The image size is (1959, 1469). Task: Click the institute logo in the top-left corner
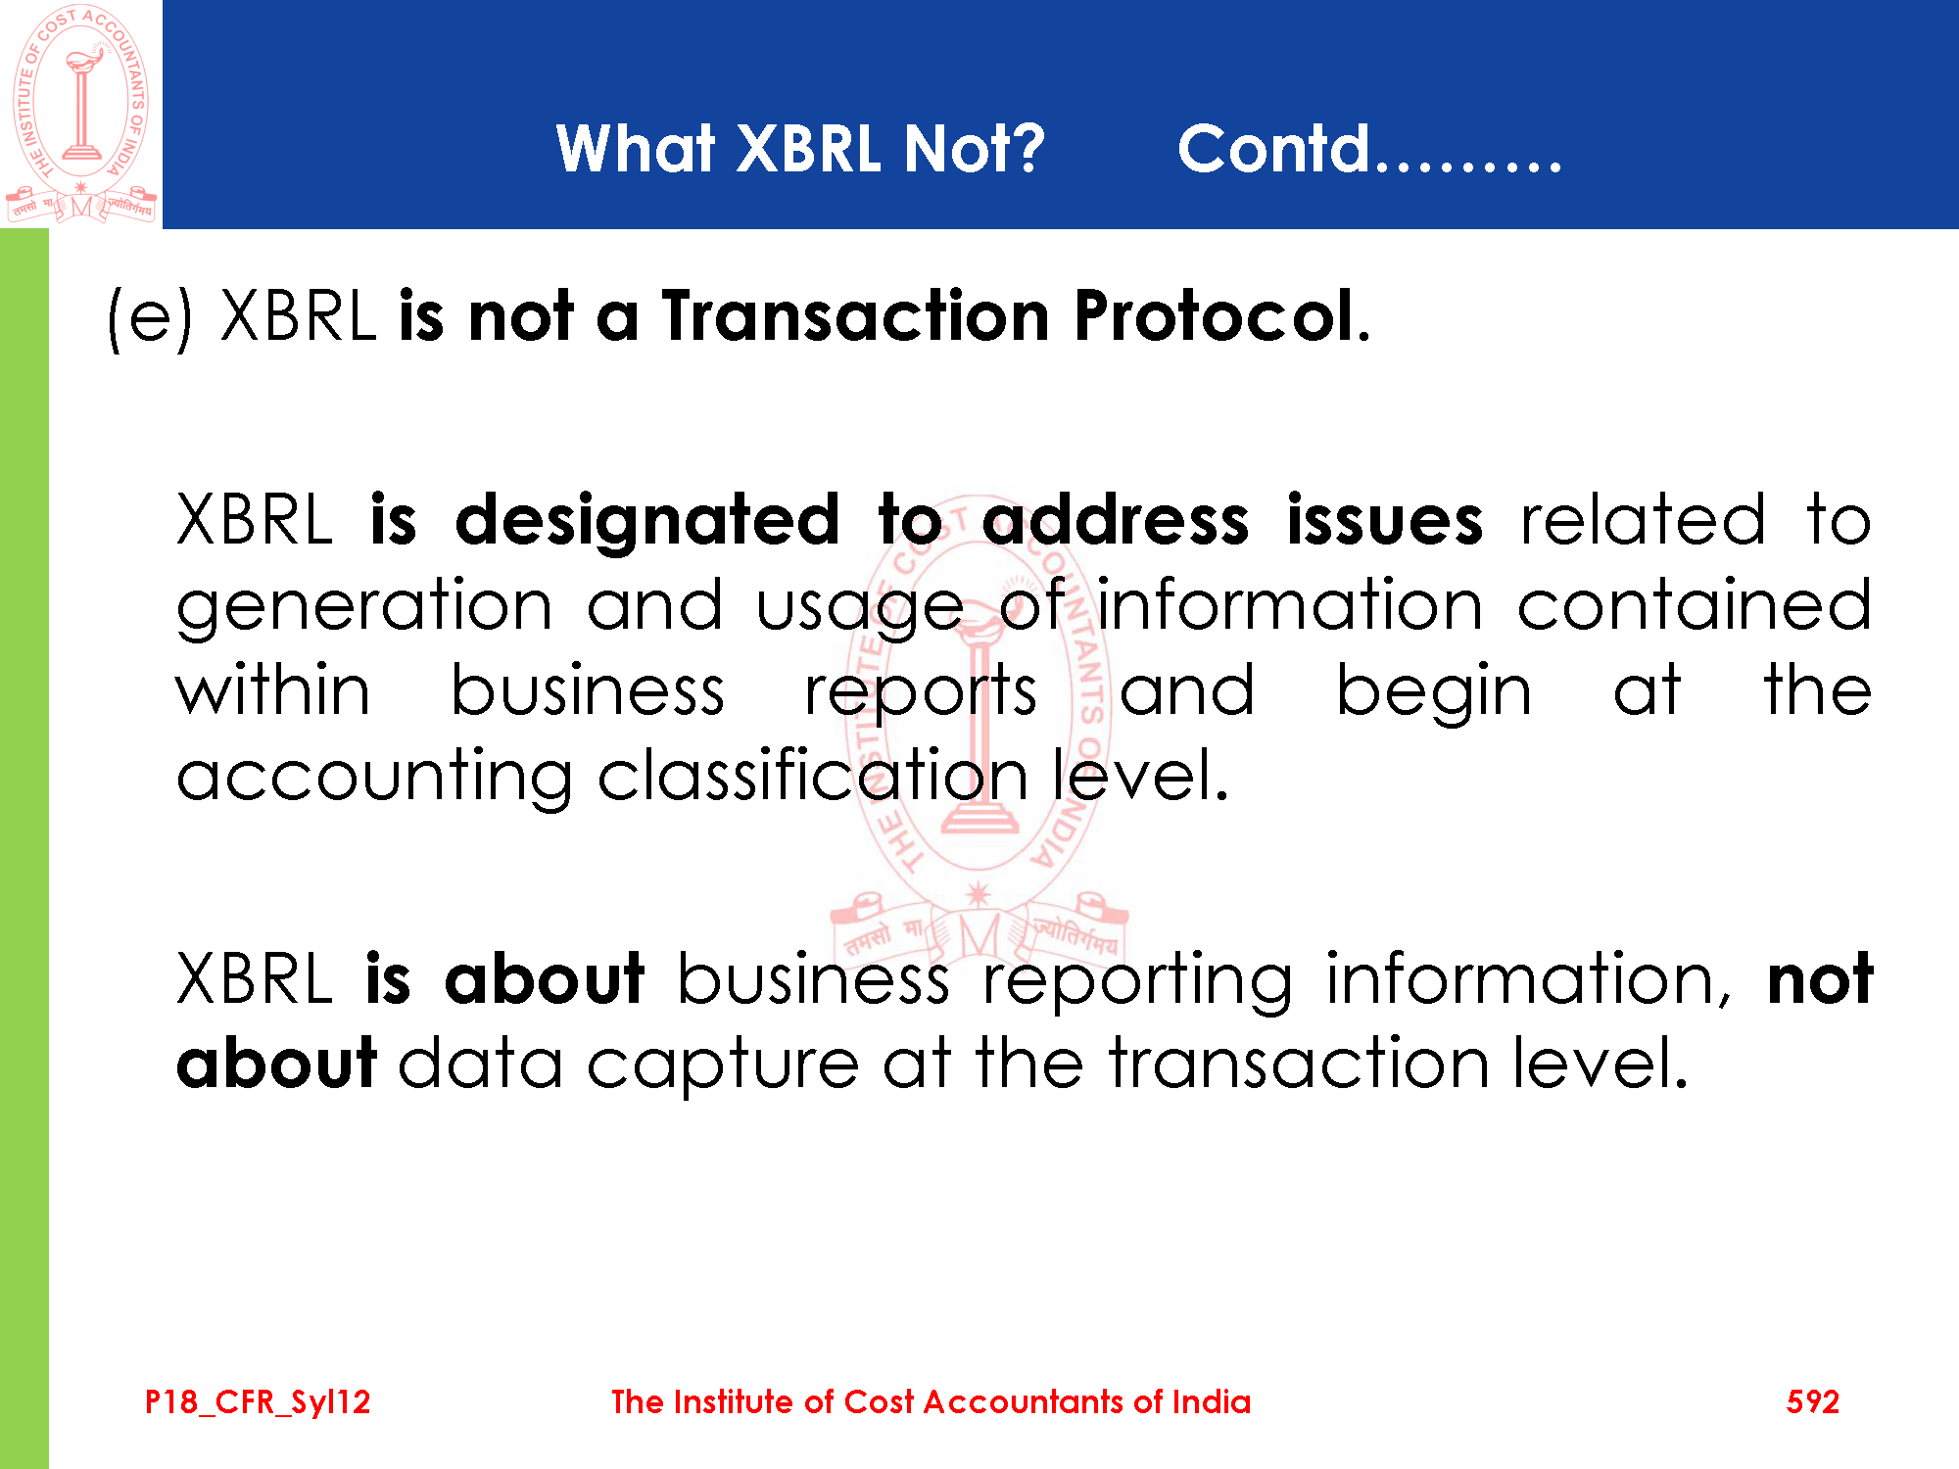81,114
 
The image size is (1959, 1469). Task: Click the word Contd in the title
1273,149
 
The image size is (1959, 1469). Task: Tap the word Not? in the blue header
975,149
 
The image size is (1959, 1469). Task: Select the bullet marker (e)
150,317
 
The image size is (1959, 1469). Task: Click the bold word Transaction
856,316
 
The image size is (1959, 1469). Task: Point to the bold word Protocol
1215,316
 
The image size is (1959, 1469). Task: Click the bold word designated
647,522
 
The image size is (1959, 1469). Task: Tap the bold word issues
1384,520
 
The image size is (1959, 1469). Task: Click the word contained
1695,604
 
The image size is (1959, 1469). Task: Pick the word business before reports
588,689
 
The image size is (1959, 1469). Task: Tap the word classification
812,775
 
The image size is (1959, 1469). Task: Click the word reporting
1137,982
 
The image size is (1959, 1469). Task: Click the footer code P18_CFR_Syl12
258,1402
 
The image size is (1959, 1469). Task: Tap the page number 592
1812,1401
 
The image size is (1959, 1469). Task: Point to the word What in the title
636,149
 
